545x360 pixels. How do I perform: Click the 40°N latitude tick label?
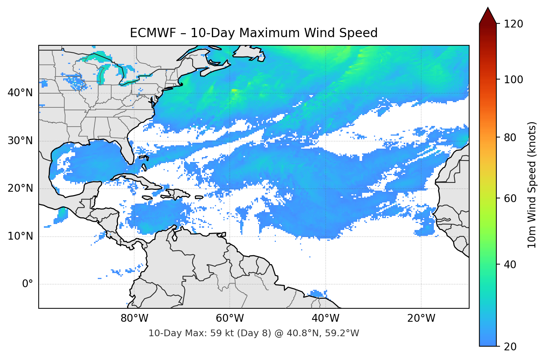tap(20, 93)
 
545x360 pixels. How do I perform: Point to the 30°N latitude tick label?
tap(20, 141)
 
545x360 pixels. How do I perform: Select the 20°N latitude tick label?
tap(20, 188)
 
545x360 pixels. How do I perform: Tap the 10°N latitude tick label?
tap(20, 236)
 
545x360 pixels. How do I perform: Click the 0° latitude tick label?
tap(28, 284)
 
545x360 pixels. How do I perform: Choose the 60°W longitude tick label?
tap(230, 318)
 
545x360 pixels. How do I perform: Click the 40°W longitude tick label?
tap(325, 318)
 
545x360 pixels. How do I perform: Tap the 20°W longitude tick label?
tap(421, 318)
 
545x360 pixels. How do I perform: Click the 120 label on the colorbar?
tap(513, 24)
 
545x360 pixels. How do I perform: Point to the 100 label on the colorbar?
tap(513, 80)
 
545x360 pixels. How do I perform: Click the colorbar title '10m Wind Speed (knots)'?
tap(532, 185)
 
